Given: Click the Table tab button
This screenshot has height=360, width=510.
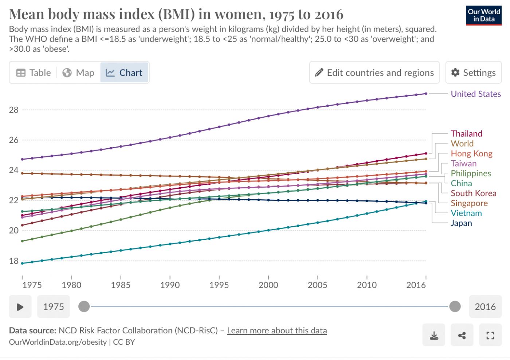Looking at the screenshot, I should [34, 73].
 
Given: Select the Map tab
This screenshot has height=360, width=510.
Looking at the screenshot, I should [78, 73].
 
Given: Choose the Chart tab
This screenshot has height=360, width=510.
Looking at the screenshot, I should [124, 73].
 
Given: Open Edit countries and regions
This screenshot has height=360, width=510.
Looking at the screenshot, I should [374, 73].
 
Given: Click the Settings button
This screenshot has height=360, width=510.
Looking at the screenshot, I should [474, 73].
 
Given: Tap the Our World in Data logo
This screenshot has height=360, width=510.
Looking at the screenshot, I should [484, 15].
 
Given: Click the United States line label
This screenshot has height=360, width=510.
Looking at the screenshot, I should [476, 94].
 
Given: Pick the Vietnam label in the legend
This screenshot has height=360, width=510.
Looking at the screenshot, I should [466, 213].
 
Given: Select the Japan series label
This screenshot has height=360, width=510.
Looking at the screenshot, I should [461, 223].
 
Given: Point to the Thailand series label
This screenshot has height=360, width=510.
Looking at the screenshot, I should [466, 134].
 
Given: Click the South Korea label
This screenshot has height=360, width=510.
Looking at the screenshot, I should [474, 193].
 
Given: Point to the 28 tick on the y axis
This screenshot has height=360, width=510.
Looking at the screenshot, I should [14, 110].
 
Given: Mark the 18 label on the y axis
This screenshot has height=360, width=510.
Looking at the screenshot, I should [14, 261].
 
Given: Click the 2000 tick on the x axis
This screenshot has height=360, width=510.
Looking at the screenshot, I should [268, 285].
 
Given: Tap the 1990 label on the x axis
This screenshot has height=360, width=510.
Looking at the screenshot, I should [170, 285].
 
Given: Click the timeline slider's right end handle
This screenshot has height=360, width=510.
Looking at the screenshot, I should [455, 307].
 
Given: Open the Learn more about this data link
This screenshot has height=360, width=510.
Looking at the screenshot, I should [277, 330].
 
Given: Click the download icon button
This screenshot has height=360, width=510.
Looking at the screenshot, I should [434, 335].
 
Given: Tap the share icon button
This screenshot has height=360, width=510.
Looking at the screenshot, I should [462, 335].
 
